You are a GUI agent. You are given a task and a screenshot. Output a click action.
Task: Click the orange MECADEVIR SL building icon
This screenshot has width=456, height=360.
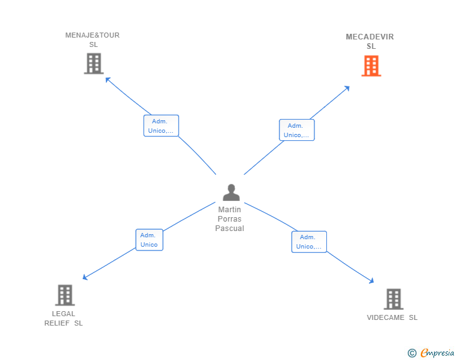coord(371,66)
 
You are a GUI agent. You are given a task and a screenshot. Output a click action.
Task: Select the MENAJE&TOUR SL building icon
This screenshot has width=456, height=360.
coord(94,63)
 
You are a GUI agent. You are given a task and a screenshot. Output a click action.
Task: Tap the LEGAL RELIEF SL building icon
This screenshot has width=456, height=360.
coord(65,295)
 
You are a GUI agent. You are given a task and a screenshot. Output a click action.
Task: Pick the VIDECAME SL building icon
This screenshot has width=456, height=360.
coord(393,299)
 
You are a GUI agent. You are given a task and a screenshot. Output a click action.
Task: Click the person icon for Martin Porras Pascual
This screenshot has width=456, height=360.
coord(231,192)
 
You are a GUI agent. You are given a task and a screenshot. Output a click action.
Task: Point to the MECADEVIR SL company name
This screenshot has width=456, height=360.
coord(370,41)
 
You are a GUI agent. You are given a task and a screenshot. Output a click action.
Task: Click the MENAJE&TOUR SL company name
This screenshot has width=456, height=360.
coord(93,40)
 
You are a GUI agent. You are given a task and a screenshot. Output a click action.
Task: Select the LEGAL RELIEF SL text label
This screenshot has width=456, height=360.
coord(63,319)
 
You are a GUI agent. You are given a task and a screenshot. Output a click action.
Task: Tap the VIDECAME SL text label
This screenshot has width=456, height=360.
coord(392,317)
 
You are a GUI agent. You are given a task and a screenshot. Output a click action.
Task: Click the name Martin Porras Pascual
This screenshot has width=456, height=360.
coord(229,219)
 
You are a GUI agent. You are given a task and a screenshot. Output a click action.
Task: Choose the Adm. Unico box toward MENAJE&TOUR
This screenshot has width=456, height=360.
coord(161,126)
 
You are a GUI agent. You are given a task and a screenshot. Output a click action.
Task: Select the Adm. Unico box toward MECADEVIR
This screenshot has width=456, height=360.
coord(297,130)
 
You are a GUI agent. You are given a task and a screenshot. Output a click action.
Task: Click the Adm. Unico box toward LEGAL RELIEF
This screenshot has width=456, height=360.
coord(149,240)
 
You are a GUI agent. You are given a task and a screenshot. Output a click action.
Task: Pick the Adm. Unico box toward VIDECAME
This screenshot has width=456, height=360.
coord(309,242)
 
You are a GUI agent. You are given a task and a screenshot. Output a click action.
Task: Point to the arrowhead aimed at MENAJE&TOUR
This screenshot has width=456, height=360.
coord(107,79)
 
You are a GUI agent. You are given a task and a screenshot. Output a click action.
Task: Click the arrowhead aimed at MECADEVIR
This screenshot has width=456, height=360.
coord(347,88)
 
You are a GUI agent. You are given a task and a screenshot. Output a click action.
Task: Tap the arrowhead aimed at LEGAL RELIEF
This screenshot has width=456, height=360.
coord(85,277)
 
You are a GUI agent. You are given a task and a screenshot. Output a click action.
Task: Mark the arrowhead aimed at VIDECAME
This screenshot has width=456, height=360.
coord(371,281)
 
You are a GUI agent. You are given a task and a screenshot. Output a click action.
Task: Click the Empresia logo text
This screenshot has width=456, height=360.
coord(437,352)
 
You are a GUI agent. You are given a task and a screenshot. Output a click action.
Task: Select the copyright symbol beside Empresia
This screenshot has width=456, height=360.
coord(412,353)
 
